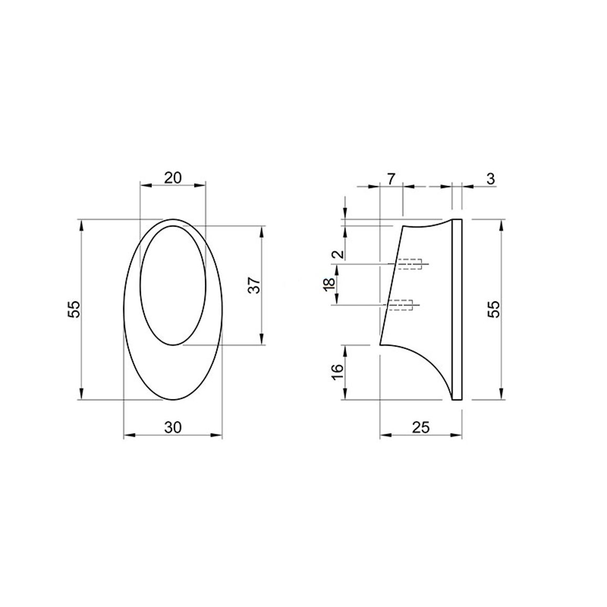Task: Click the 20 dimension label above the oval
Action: tap(173, 178)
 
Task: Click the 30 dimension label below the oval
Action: tap(173, 427)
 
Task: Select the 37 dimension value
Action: tap(254, 285)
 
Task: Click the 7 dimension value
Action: tap(391, 179)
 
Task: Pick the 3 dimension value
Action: tap(490, 179)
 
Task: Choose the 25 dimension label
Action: tap(421, 427)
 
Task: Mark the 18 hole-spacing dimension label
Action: tap(329, 284)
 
